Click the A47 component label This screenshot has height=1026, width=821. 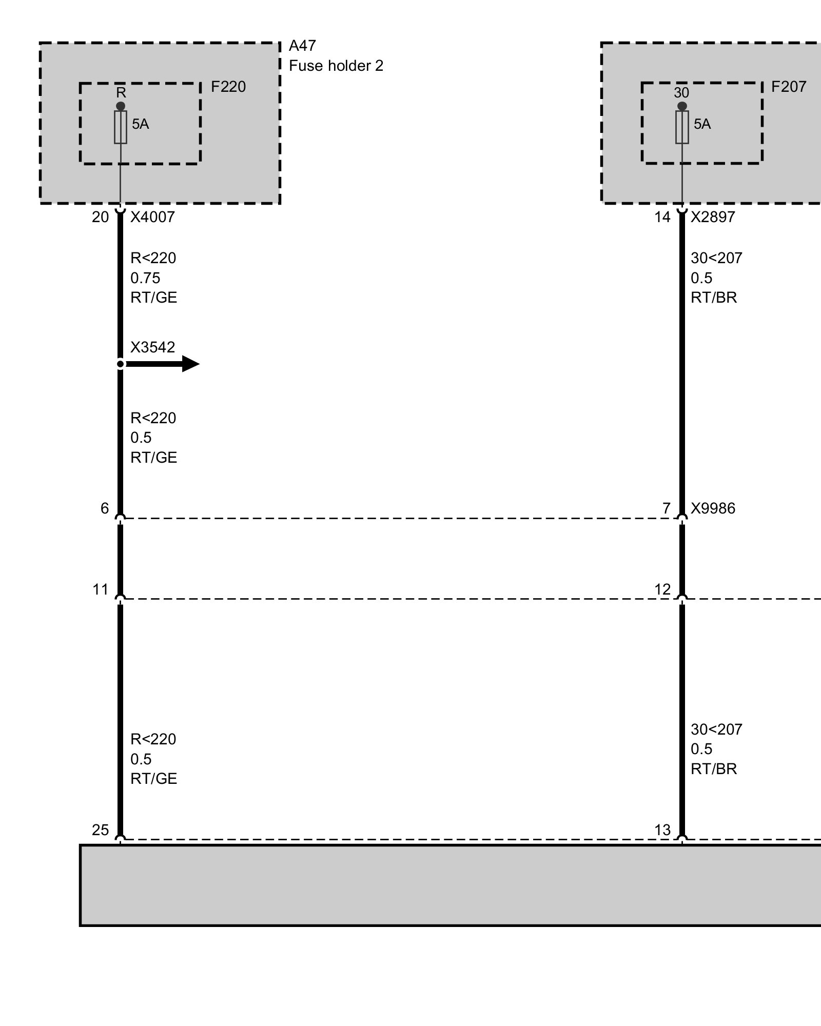point(302,46)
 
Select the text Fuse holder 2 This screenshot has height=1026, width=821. point(336,66)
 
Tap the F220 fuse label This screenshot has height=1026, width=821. point(228,87)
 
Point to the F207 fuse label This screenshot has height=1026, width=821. point(789,87)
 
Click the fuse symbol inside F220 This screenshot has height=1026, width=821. point(121,127)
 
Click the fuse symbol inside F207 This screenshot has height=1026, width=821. point(682,127)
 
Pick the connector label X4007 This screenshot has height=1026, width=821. point(152,217)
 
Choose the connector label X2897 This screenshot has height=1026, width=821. point(713,217)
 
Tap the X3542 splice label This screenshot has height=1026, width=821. point(152,347)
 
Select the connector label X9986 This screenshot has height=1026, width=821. point(713,508)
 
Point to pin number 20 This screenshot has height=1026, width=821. point(101,217)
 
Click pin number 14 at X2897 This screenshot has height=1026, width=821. point(662,217)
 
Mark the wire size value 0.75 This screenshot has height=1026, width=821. point(145,278)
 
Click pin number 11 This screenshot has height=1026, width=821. point(101,589)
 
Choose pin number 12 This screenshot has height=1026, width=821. point(662,589)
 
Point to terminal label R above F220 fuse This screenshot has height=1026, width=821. point(121,93)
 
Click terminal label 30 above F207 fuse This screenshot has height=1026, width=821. point(681,93)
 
